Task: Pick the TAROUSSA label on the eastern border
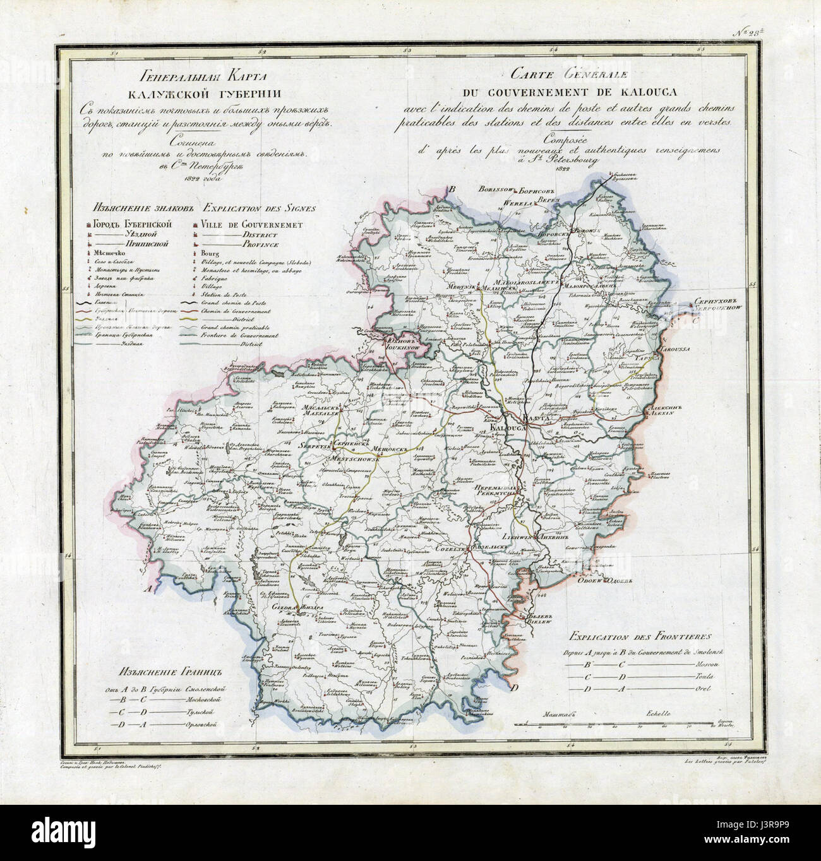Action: click(x=676, y=348)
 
